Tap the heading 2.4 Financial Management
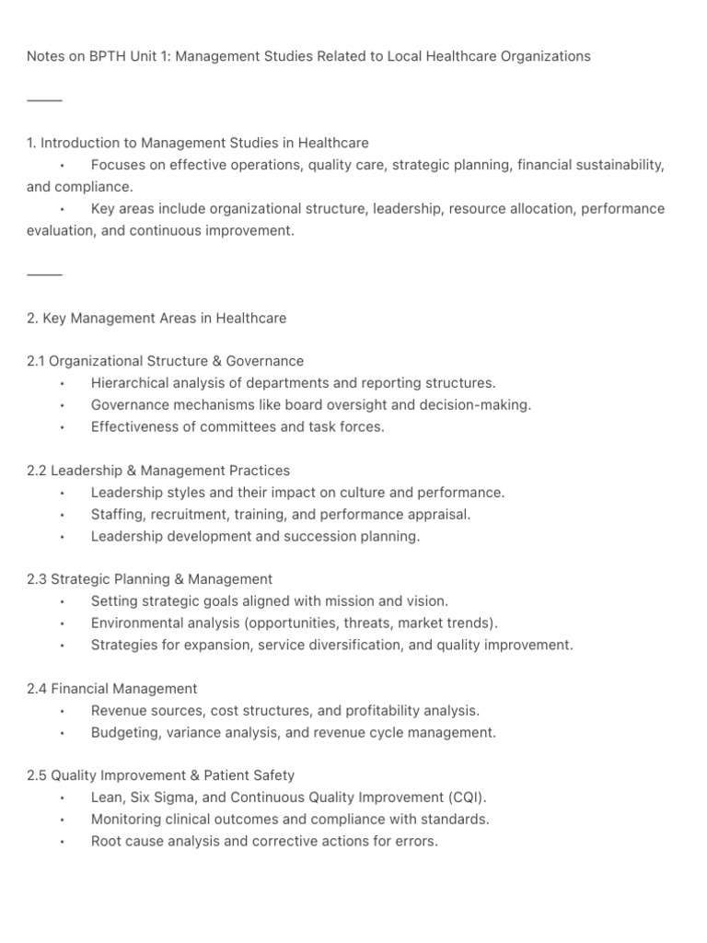pyautogui.click(x=112, y=689)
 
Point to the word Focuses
pyautogui.click(x=118, y=166)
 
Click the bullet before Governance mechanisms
pyautogui.click(x=62, y=405)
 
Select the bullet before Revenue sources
pyautogui.click(x=62, y=712)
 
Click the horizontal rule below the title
pyautogui.click(x=44, y=99)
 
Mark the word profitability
pyautogui.click(x=388, y=711)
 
